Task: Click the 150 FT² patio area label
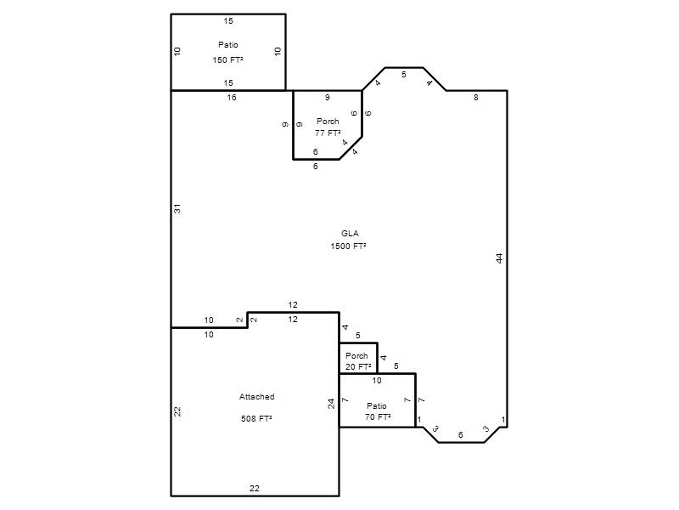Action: point(227,59)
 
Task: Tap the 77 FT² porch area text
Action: point(328,133)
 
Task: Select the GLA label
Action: point(350,233)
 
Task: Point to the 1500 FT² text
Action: point(349,246)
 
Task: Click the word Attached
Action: point(257,396)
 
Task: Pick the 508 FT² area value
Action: point(256,418)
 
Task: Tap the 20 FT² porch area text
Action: point(358,366)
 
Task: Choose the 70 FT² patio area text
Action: point(378,416)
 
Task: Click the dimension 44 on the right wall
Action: point(499,258)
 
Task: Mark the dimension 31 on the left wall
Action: point(177,208)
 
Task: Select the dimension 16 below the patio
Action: point(232,98)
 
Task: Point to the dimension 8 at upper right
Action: point(476,98)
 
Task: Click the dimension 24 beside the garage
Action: point(331,404)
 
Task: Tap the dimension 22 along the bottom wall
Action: point(255,488)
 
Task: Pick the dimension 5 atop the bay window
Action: point(404,75)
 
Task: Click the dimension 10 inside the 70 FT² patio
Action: point(377,380)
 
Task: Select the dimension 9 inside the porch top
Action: point(328,98)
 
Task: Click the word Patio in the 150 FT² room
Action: point(228,45)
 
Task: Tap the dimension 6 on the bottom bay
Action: point(460,434)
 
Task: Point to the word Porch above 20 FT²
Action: point(356,355)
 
